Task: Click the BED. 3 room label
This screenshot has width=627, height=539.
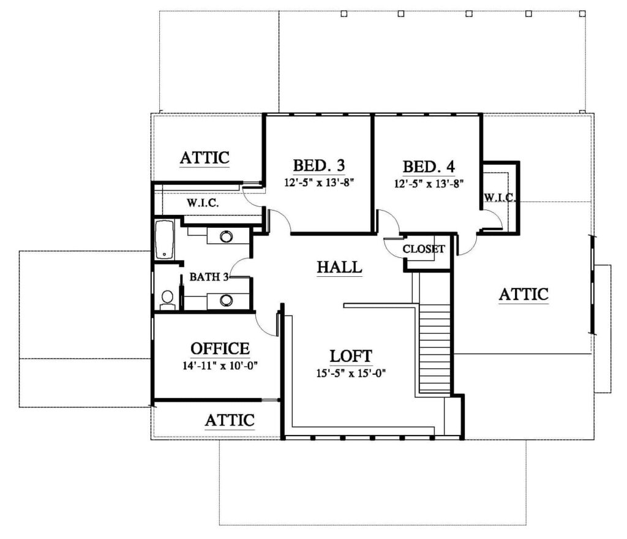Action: coord(318,165)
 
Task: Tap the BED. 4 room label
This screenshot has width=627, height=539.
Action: coord(429,167)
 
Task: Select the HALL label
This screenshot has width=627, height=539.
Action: coord(339,267)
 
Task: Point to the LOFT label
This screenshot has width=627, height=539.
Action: coord(351,356)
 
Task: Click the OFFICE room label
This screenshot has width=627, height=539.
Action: coord(220,349)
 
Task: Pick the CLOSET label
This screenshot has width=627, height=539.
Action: coord(424,249)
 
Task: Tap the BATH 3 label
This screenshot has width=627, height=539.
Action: coord(209,277)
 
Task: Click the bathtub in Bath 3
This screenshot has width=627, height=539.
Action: coord(164,239)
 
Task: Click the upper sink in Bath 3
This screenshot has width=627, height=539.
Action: coord(226,236)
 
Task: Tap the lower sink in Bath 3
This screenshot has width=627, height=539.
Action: coord(226,300)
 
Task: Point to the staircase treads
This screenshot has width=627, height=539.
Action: coord(435,349)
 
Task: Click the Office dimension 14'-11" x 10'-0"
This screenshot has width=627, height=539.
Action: coord(220,366)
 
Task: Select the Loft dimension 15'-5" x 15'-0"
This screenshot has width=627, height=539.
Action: coord(351,374)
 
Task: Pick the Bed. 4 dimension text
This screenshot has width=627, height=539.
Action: coord(429,184)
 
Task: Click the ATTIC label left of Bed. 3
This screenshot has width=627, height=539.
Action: coord(205,157)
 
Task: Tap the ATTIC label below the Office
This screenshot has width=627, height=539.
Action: coord(230,420)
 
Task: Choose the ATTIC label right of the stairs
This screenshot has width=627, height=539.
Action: coord(524,294)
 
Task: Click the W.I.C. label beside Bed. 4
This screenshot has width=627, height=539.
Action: coord(500,197)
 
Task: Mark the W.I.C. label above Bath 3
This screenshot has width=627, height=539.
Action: coord(203,203)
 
